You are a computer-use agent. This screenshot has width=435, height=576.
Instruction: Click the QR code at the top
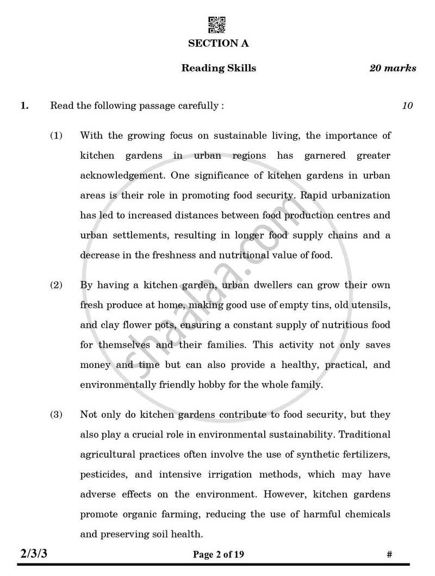[217, 25]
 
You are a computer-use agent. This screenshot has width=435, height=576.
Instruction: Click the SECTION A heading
[218, 43]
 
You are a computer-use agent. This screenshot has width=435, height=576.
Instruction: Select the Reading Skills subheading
[219, 68]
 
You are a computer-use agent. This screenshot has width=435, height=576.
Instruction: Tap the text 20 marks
[393, 68]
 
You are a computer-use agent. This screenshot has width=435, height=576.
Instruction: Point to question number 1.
[24, 105]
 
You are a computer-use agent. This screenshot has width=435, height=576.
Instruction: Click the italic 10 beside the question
[407, 105]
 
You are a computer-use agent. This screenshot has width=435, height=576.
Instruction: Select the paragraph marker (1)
[57, 135]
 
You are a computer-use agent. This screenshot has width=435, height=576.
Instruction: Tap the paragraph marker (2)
[57, 285]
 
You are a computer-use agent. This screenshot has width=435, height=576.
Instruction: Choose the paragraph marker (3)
[57, 415]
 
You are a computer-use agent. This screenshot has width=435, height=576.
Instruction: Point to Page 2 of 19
[218, 554]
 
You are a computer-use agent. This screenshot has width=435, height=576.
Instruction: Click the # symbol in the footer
[389, 554]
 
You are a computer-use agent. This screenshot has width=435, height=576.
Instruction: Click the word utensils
[372, 305]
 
